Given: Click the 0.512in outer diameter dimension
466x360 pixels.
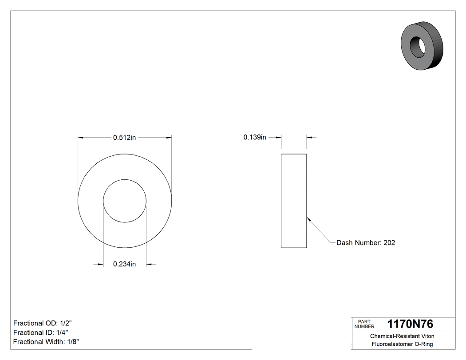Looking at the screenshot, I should click(124, 138).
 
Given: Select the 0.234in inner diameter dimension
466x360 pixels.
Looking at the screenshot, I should click(124, 264).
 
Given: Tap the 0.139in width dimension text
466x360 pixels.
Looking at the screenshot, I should click(254, 137).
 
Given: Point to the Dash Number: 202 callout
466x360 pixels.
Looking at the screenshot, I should click(365, 242).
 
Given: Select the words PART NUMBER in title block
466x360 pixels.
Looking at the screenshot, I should click(364, 324).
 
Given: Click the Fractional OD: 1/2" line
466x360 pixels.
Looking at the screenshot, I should click(43, 323).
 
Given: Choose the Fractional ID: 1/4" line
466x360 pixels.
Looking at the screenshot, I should click(41, 332).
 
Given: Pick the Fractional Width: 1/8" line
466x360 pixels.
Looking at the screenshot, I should click(46, 342).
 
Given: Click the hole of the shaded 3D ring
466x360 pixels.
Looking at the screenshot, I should click(417, 46).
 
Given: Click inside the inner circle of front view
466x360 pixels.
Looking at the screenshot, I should click(125, 201).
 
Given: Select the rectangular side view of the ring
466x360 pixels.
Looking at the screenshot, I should click(294, 201).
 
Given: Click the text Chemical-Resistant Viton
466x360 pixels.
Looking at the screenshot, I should click(402, 336).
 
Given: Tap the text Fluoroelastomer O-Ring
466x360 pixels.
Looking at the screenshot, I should click(402, 344).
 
